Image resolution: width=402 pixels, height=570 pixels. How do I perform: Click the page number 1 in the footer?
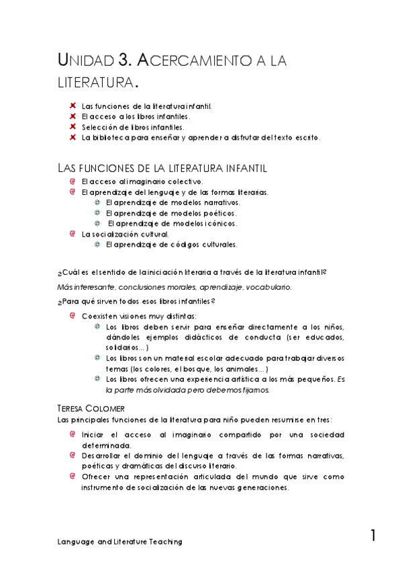click(372, 536)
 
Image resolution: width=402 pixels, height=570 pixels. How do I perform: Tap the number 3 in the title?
click(123, 61)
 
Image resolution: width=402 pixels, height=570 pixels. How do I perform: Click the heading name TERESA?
click(77, 409)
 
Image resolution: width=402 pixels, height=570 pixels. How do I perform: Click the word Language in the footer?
click(76, 541)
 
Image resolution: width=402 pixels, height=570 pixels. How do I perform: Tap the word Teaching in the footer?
click(164, 541)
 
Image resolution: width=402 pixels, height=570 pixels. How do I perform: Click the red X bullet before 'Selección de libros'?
click(72, 126)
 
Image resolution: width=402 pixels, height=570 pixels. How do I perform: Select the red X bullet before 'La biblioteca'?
click(72, 137)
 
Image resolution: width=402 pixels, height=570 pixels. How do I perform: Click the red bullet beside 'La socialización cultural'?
click(72, 234)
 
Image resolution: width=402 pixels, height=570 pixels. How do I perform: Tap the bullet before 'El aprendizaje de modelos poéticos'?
click(97, 213)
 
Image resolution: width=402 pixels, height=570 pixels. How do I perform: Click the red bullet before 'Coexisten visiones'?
click(72, 315)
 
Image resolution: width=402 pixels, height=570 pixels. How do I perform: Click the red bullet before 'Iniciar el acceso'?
click(72, 434)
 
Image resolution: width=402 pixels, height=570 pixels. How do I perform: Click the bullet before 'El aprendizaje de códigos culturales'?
click(97, 245)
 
